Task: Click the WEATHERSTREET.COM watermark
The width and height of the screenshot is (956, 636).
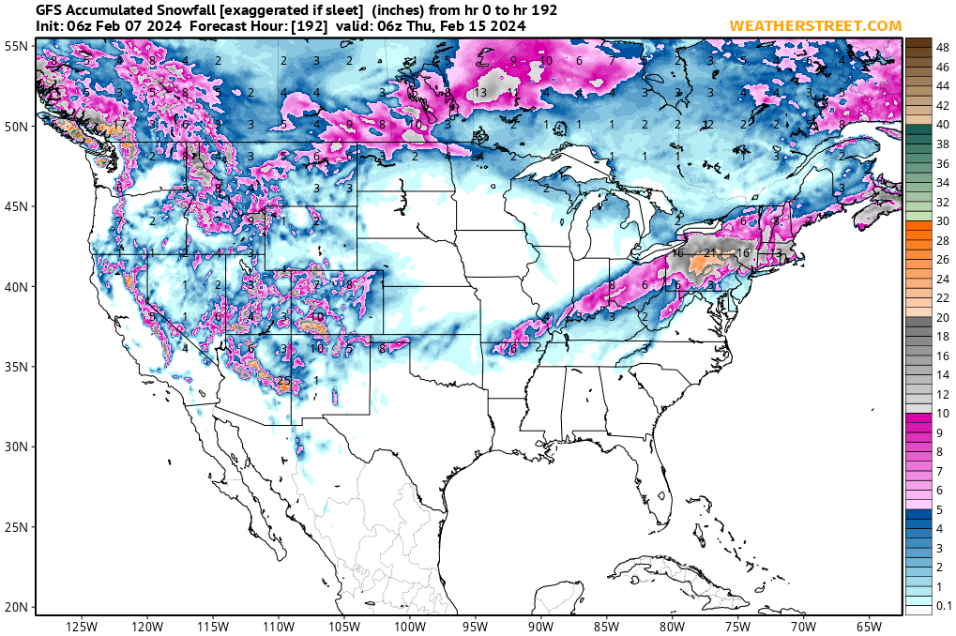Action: tap(815, 25)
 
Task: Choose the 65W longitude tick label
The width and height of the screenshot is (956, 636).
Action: tap(869, 626)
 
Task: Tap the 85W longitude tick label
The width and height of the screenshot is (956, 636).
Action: tap(607, 626)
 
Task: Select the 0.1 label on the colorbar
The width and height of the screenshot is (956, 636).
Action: tap(944, 607)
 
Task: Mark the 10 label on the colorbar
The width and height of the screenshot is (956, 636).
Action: tap(943, 414)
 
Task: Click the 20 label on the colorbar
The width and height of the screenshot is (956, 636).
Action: tap(943, 317)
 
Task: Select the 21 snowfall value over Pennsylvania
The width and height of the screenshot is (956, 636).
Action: tap(710, 252)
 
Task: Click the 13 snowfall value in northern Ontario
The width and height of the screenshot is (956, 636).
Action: tap(479, 93)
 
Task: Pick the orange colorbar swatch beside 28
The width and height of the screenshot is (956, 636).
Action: tap(918, 240)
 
